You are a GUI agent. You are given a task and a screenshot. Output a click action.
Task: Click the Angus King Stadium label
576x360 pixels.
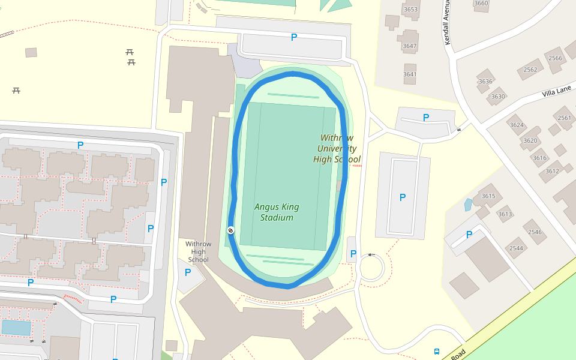(277, 212)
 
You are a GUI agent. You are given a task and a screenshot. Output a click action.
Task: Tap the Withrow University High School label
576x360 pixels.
(337, 149)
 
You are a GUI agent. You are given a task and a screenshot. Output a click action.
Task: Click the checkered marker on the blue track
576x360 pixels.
(230, 230)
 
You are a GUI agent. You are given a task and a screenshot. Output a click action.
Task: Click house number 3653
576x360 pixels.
(410, 9)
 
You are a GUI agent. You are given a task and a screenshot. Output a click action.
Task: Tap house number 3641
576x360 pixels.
(410, 74)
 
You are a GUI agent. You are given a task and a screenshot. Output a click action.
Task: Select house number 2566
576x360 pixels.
(555, 58)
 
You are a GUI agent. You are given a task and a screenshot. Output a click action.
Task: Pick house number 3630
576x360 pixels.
(498, 97)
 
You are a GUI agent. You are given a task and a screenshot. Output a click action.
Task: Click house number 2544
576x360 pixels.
(516, 248)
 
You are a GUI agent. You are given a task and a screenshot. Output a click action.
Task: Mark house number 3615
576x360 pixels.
(488, 196)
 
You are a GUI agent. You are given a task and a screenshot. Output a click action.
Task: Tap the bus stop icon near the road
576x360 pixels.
(436, 352)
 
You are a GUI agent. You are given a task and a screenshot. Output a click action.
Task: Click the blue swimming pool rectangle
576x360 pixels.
(16, 327)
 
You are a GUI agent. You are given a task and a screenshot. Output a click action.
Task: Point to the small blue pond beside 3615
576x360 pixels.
(468, 205)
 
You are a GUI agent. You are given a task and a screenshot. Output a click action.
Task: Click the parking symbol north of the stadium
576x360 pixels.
(294, 37)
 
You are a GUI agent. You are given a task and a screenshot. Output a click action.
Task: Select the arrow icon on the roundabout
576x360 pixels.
(371, 255)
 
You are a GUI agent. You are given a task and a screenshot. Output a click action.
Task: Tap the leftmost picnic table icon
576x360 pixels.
(16, 90)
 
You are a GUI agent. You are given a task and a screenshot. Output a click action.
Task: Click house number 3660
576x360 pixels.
(481, 4)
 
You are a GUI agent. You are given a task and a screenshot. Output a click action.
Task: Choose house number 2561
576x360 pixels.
(564, 118)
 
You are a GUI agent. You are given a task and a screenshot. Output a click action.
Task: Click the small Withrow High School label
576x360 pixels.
(199, 252)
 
